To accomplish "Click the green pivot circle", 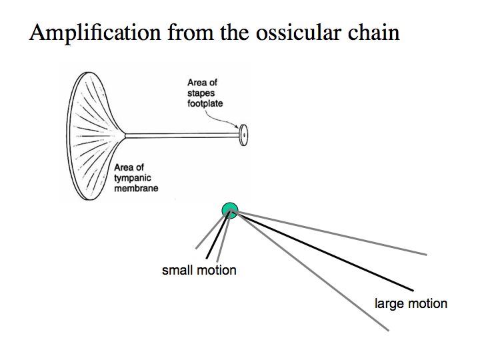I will pos(230,211).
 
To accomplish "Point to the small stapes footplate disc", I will pos(244,135).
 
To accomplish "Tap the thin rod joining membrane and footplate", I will pos(180,136).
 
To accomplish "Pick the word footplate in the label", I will pos(205,104).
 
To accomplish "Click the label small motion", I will pos(199,271).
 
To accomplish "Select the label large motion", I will pos(411,304).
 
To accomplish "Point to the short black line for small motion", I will pos(219,236).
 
